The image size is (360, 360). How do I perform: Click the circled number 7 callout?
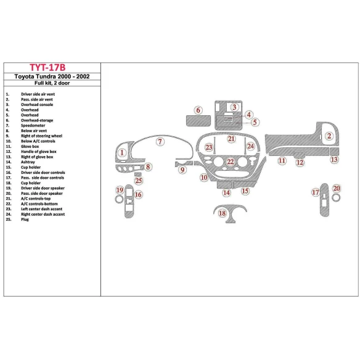(x=160, y=142)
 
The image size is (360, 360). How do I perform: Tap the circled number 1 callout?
(x=123, y=153)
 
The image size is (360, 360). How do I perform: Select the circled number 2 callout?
(x=329, y=136)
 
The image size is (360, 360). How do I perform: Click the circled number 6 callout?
(x=198, y=110)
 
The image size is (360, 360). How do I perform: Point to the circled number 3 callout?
(x=235, y=107)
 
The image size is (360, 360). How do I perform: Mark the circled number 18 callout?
(x=223, y=213)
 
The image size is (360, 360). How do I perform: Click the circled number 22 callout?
(x=230, y=162)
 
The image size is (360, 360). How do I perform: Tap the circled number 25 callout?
(x=139, y=181)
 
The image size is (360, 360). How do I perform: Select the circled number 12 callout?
(x=300, y=163)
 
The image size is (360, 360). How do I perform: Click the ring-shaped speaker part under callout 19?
(x=120, y=199)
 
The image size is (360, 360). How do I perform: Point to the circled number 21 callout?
(x=231, y=139)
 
